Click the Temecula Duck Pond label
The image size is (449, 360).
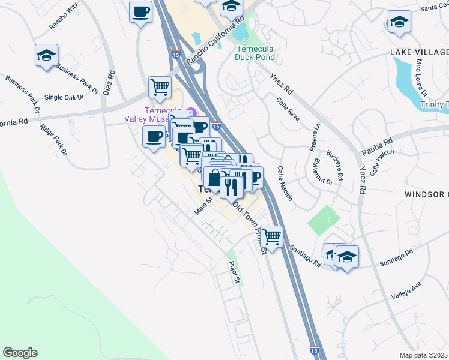[256, 53]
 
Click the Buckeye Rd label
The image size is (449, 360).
[336, 161]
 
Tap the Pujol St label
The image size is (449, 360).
[234, 272]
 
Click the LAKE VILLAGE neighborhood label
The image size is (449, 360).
[419, 53]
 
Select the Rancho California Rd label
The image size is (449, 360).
[214, 41]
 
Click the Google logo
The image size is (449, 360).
[20, 353]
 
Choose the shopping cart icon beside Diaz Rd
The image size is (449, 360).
[160, 86]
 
